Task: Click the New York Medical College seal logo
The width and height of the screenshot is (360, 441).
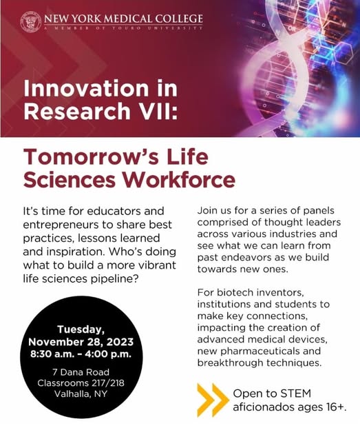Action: [x=31, y=21]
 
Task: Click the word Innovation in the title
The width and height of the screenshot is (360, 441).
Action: [x=86, y=88]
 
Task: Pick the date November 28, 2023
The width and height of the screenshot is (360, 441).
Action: [x=81, y=342]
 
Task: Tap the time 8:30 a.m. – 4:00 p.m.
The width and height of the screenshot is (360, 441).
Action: [x=81, y=353]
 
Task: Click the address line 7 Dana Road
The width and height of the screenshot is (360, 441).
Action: [x=81, y=372]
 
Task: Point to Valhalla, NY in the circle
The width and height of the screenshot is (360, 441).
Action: [x=81, y=393]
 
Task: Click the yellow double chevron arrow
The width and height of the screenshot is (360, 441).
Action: [x=213, y=400]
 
